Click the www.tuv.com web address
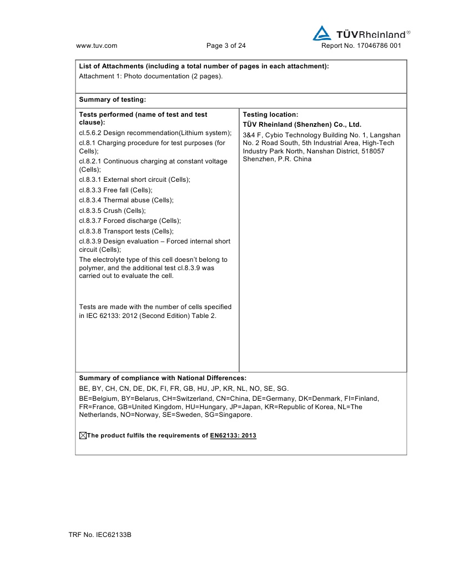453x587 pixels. pos(96,46)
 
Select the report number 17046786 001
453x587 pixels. pos(361,46)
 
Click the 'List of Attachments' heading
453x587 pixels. pos(204,66)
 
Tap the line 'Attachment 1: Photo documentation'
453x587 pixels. pos(151,76)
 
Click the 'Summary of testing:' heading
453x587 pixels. pos(113,100)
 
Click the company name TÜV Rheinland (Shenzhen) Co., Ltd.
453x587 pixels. pos(302,125)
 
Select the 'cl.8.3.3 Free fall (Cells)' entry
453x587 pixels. pos(116,190)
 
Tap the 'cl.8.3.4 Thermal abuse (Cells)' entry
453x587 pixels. pos(127,200)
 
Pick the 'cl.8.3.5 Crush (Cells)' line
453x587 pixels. pos(113,211)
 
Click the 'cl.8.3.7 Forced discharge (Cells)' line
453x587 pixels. pos(130,221)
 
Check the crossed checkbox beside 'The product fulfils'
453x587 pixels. pos(83,436)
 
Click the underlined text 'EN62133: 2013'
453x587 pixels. pos(233,436)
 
